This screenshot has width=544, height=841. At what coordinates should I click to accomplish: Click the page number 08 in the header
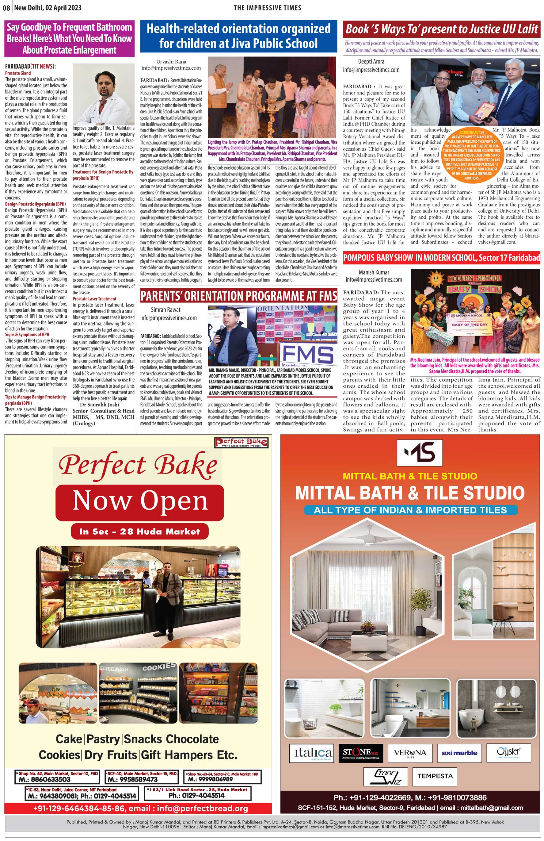point(7,8)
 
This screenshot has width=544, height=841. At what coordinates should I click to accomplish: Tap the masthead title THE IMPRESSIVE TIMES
point(267,8)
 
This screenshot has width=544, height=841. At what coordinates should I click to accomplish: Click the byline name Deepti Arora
point(371,61)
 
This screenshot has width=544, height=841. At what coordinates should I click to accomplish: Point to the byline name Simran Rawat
point(165,309)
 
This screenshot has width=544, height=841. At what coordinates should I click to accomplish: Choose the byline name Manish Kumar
point(374,272)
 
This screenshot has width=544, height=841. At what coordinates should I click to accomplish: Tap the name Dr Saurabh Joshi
point(100,405)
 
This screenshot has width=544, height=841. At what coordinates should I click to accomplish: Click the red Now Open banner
point(140,501)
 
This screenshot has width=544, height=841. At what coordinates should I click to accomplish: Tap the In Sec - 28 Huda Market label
point(139,532)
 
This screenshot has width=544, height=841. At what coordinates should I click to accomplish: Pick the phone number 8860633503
point(45,779)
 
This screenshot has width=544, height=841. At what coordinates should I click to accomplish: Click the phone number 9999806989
point(211,779)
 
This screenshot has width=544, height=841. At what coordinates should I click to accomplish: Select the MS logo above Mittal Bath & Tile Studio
point(419,453)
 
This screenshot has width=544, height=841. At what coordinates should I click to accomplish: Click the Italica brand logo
point(311,753)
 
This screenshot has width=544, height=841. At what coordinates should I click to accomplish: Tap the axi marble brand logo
point(459,753)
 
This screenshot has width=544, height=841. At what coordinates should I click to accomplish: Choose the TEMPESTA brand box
point(435,776)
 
